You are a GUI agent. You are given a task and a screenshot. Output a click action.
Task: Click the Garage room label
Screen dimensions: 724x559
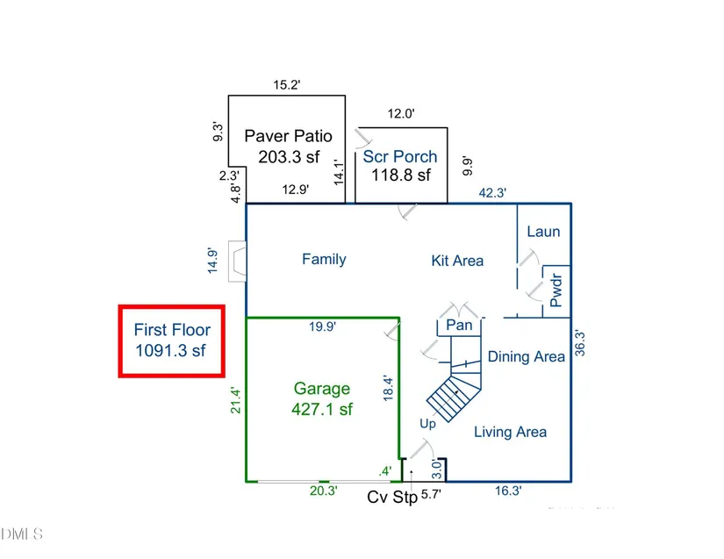322,389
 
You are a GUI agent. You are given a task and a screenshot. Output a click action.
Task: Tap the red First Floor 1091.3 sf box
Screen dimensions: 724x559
172,341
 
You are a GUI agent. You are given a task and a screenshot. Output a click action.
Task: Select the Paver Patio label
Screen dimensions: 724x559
288,136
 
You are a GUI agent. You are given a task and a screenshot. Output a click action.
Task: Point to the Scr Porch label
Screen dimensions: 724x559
400,157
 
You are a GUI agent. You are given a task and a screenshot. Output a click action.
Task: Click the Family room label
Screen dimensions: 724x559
324,259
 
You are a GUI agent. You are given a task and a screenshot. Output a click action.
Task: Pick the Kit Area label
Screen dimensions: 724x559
457,261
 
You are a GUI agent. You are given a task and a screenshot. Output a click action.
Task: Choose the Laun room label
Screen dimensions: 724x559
543,232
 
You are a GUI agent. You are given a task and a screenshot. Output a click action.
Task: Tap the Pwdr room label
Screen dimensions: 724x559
556,290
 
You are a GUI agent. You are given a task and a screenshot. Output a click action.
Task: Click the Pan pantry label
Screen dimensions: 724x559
459,325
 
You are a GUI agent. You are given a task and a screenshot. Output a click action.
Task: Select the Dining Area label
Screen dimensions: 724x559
527,356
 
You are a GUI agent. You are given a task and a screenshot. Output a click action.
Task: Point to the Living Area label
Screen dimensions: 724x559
510,432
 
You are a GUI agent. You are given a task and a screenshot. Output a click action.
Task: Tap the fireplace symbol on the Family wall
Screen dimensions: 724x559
237,262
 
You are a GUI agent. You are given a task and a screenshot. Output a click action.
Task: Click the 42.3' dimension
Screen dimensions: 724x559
492,192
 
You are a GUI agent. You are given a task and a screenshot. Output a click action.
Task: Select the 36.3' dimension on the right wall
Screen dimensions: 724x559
580,343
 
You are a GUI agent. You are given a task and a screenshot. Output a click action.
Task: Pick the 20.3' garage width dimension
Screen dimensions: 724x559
323,491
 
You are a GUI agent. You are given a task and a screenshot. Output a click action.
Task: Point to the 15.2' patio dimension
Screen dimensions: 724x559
287,85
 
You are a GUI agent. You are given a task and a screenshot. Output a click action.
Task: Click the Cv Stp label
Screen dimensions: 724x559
392,498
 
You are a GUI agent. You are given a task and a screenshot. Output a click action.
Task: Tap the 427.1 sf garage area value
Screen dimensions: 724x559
322,410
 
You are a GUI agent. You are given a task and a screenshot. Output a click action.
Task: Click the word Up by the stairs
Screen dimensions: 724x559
427,424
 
